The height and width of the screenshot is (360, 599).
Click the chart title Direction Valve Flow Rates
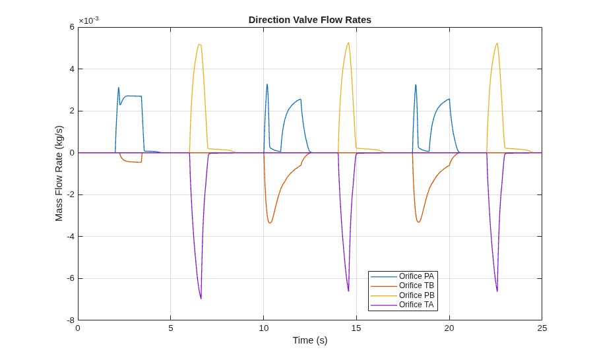pyautogui.click(x=310, y=20)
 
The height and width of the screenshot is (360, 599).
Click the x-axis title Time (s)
pyautogui.click(x=310, y=340)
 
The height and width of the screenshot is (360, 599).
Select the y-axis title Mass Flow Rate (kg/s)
pyautogui.click(x=59, y=173)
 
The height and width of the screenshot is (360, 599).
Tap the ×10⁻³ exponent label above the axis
pyautogui.click(x=88, y=20)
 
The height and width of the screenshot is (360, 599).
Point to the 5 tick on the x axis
pyautogui.click(x=171, y=328)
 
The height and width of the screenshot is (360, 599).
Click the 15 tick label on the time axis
pyautogui.click(x=356, y=328)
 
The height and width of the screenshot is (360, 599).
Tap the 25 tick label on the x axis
pyautogui.click(x=542, y=328)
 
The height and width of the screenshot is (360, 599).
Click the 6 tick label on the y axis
pyautogui.click(x=72, y=27)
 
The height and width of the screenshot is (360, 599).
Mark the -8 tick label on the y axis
pyautogui.click(x=71, y=320)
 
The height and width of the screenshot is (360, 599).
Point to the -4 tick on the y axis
pyautogui.click(x=71, y=237)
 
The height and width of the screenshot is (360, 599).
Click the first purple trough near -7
pyautogui.click(x=201, y=299)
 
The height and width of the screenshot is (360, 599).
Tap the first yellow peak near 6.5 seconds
pyautogui.click(x=199, y=44)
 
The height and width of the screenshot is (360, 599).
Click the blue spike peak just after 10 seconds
pyautogui.click(x=267, y=84)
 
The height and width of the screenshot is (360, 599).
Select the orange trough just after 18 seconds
pyautogui.click(x=418, y=222)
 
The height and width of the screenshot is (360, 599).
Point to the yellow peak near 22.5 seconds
pyautogui.click(x=497, y=43)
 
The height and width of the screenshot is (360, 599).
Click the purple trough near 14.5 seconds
pyautogui.click(x=348, y=291)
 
